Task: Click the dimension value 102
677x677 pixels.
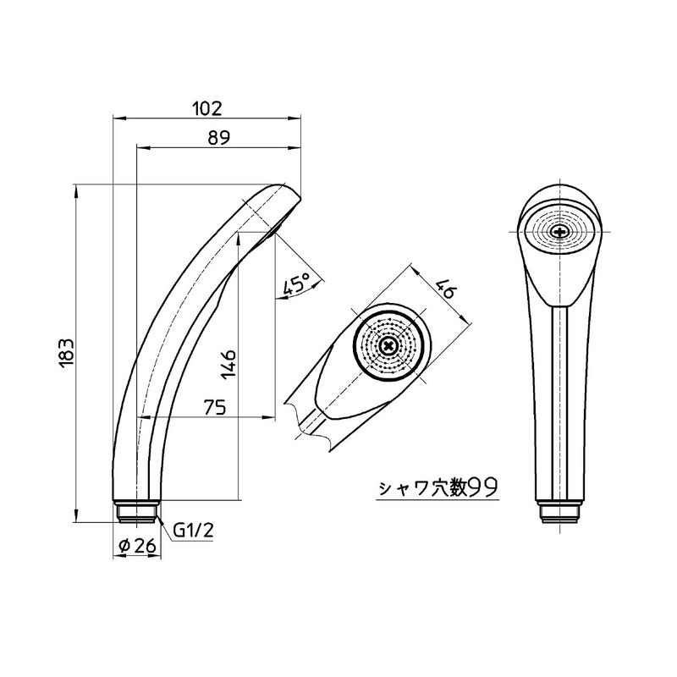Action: pos(206,107)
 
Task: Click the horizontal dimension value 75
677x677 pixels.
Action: pos(214,407)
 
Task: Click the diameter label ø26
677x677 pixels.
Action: pos(137,547)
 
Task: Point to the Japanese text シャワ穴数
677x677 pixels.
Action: pos(422,488)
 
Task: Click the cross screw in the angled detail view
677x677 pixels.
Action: pos(388,345)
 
